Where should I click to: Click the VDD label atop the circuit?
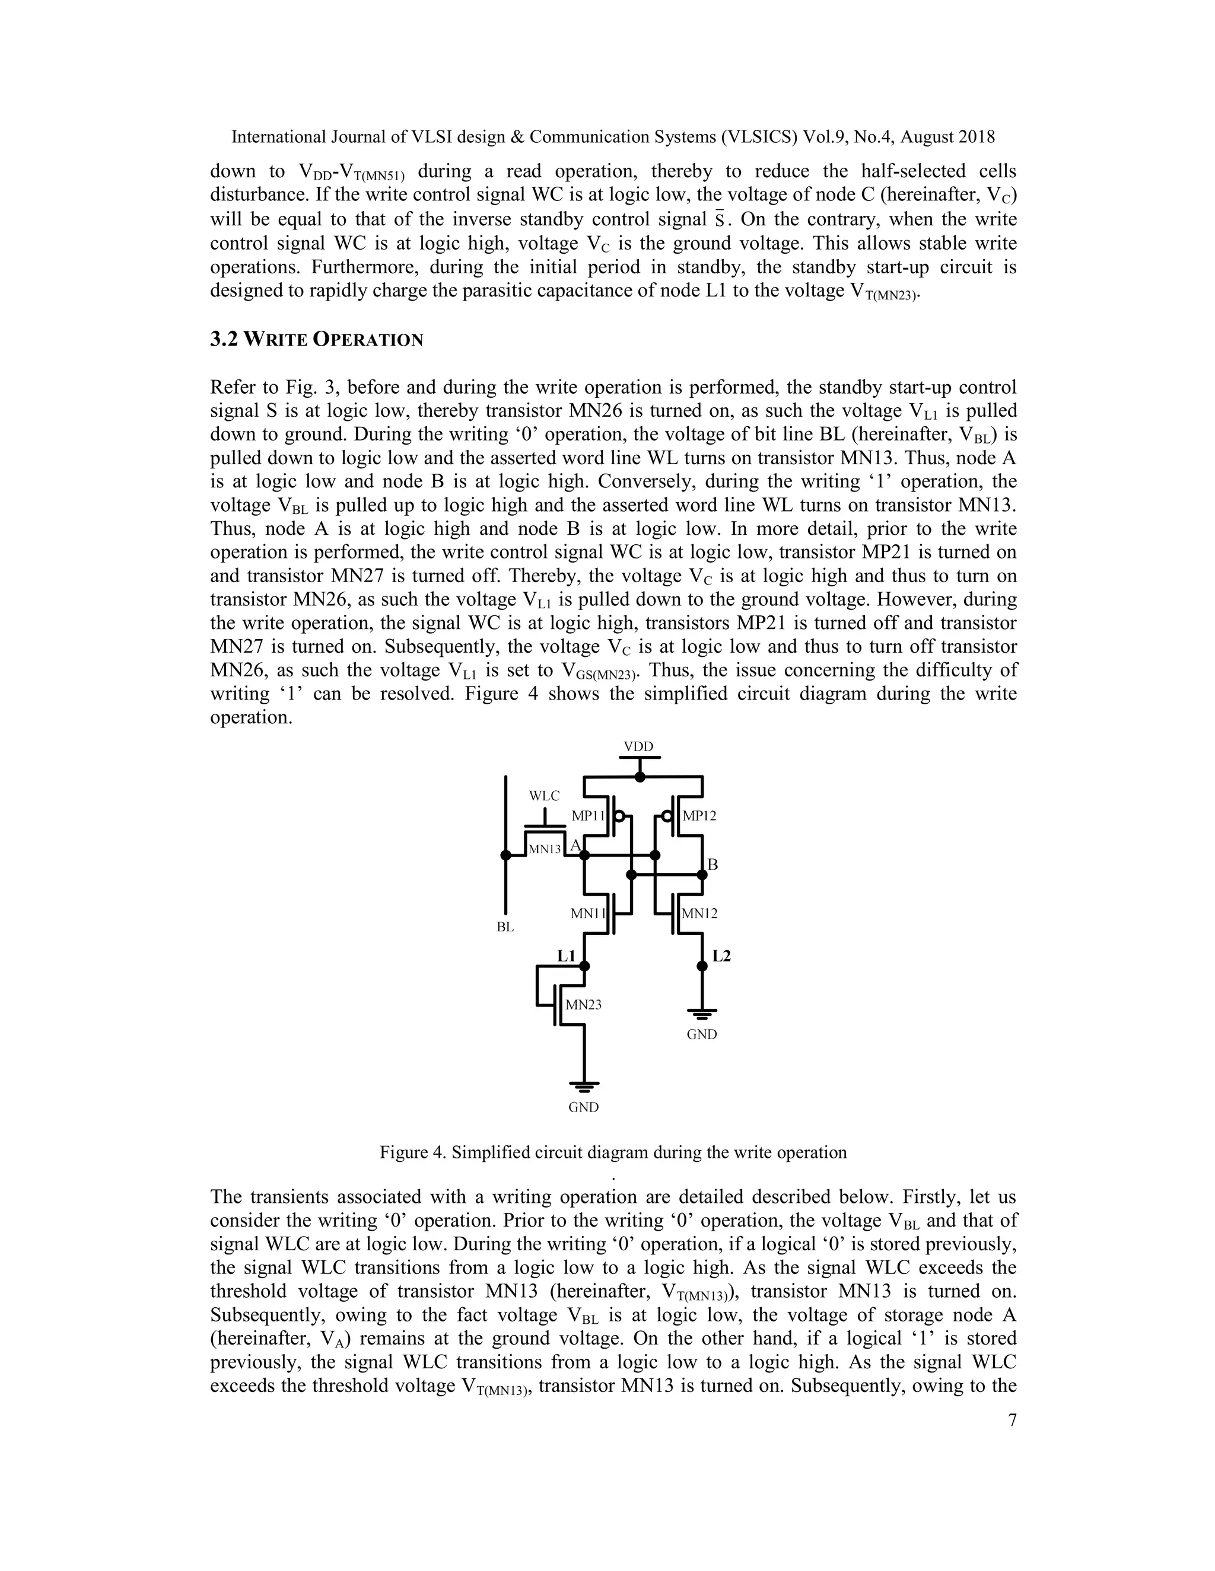coord(638,746)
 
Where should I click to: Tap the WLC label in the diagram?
coord(544,796)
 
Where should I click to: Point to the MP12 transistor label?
coord(699,816)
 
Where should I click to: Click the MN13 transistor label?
coord(544,850)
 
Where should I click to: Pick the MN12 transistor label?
coord(699,914)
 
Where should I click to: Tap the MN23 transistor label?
coord(583,1005)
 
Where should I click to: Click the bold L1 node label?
coord(567,956)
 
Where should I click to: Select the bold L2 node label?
coord(721,956)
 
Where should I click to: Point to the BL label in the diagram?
coord(505,927)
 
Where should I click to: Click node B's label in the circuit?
coord(713,864)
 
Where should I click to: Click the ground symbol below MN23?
coord(584,1085)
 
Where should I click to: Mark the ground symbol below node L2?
coord(702,1014)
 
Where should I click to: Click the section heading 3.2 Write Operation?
coord(317,340)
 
